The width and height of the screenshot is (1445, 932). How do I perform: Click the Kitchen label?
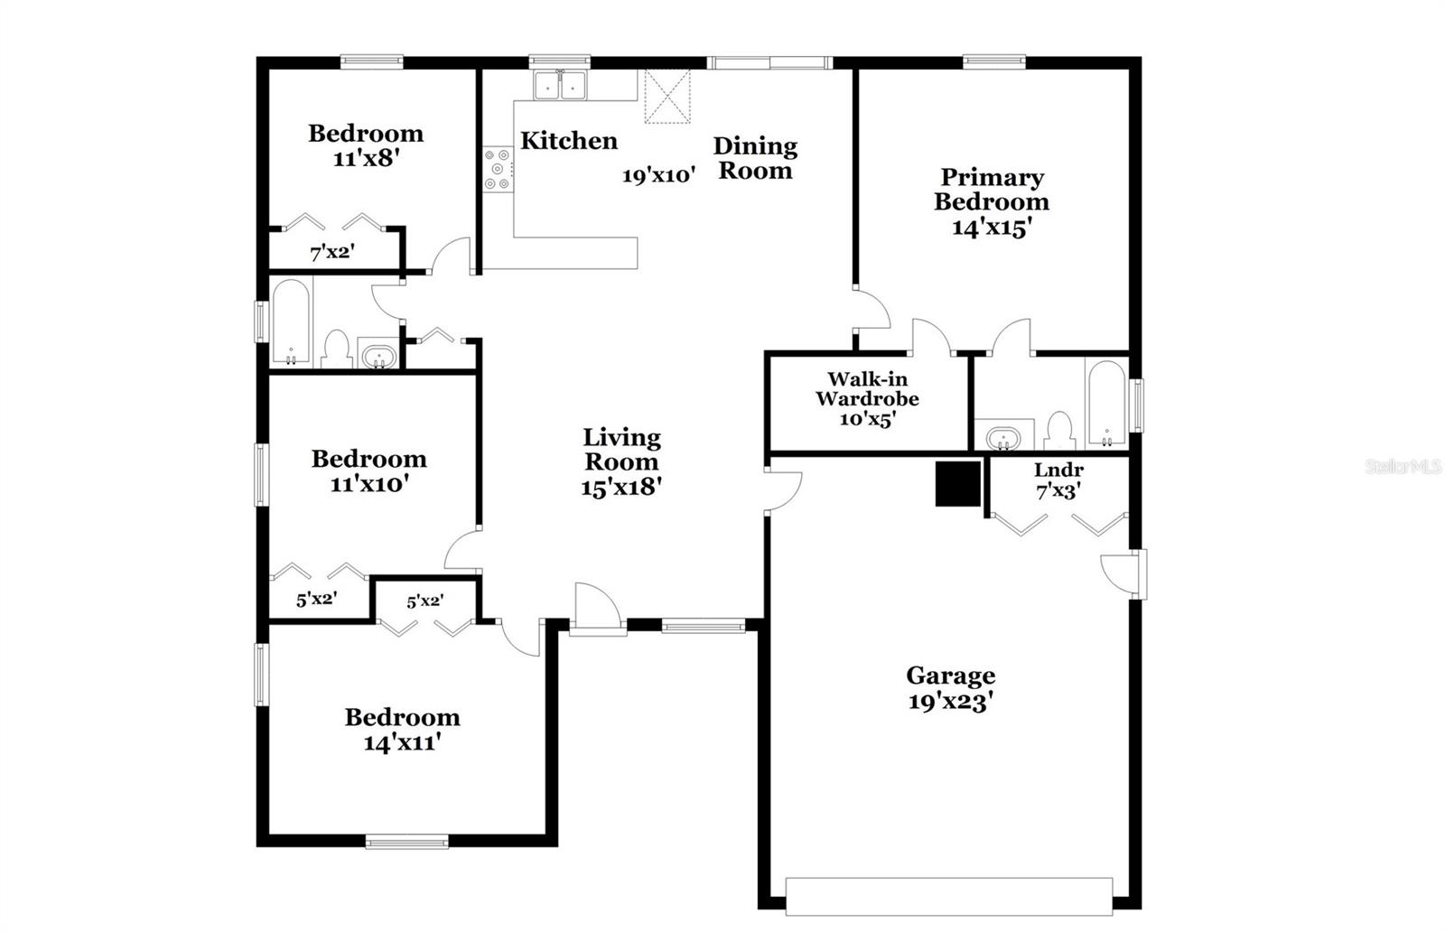coord(569,141)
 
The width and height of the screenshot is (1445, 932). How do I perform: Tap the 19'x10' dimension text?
coord(658,176)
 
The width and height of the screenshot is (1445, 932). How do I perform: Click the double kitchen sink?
coord(560,86)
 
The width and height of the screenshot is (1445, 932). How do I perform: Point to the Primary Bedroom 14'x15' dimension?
coord(992,228)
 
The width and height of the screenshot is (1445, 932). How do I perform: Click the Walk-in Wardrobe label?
coord(867,389)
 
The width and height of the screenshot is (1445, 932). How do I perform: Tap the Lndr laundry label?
coord(1058,471)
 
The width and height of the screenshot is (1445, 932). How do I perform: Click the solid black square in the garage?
coord(957,484)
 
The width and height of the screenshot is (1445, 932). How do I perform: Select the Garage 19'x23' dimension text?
coord(951,702)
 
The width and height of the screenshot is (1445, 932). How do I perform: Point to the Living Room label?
coord(621,450)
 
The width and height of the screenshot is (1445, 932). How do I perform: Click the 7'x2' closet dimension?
coord(332,253)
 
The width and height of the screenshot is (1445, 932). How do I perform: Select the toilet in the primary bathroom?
coord(1058,431)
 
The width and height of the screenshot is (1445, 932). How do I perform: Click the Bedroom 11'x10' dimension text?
coord(369,485)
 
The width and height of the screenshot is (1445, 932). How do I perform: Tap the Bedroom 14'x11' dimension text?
coord(402,743)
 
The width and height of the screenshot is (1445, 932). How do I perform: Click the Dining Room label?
coord(755,158)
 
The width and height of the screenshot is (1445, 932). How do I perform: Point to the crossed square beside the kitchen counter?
coord(667,97)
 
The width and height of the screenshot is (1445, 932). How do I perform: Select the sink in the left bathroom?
coord(377,354)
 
